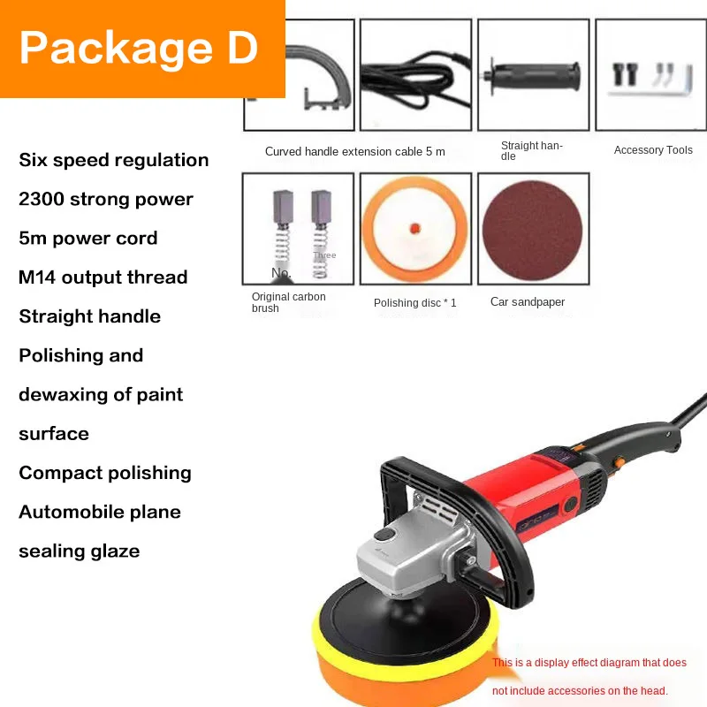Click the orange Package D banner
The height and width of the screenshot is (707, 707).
(x=141, y=49)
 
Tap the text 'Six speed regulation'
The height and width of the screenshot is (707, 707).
(x=114, y=160)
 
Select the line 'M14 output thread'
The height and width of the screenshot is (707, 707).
(x=103, y=277)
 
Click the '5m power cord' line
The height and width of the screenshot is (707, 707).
(x=88, y=238)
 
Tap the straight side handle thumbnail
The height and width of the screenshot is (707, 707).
(x=533, y=75)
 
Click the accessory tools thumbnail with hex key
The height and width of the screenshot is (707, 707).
(x=650, y=75)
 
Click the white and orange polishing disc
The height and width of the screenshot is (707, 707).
(x=414, y=229)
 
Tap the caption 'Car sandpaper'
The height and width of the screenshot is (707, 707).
(x=528, y=302)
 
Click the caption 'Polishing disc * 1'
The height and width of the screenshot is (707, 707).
(x=415, y=303)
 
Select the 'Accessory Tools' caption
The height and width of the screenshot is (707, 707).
(x=653, y=150)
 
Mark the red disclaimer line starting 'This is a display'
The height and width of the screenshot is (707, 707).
(x=589, y=663)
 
